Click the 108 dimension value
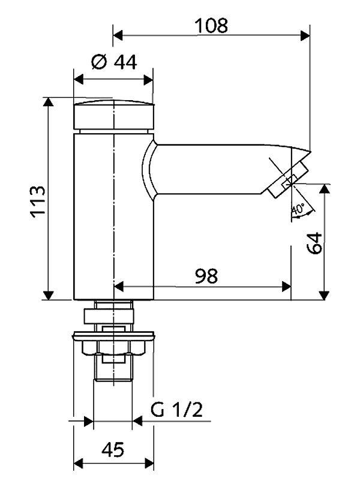click(211, 25)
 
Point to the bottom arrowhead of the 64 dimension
click(324, 294)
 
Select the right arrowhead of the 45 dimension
click(148, 464)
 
